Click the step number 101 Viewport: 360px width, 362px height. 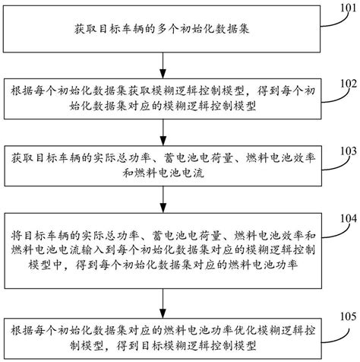coord(346,10)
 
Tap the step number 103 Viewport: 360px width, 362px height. coord(346,151)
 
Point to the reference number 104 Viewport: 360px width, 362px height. coord(346,218)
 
